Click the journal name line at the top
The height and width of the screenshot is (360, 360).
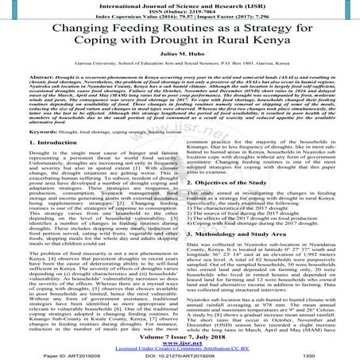(x=179, y=5)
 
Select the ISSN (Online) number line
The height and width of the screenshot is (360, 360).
(x=179, y=11)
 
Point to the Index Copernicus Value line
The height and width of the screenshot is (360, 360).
(x=179, y=17)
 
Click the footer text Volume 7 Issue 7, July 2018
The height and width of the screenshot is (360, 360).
(x=179, y=328)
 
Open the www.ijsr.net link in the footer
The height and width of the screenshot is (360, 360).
(x=179, y=335)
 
